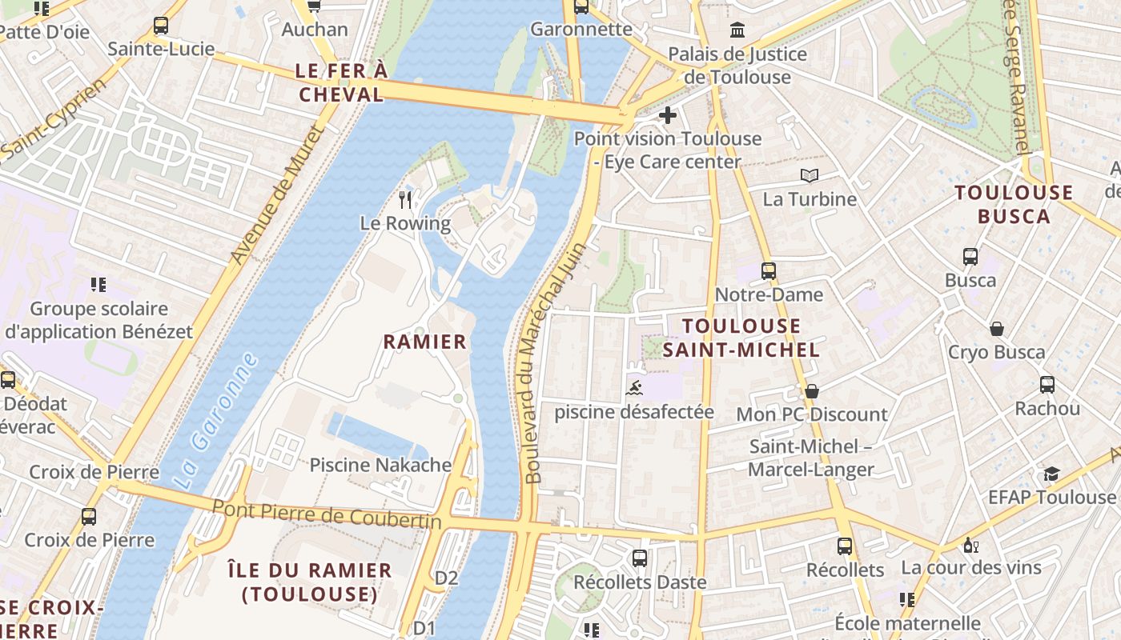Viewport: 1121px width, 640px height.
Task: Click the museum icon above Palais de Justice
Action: pyautogui.click(x=737, y=30)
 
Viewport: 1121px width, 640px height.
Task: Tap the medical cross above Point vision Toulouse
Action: pyautogui.click(x=667, y=115)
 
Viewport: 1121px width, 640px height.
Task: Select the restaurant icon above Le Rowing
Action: pyautogui.click(x=405, y=199)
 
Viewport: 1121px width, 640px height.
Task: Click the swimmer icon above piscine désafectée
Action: pyautogui.click(x=634, y=389)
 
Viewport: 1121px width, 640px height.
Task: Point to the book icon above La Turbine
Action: pyautogui.click(x=810, y=175)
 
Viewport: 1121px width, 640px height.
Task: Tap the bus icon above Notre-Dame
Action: pyautogui.click(x=769, y=270)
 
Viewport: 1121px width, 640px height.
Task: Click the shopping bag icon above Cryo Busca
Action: pyautogui.click(x=997, y=329)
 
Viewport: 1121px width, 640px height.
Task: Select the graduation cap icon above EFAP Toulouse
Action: pyautogui.click(x=1051, y=474)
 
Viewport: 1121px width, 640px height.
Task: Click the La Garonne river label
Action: pyautogui.click(x=216, y=421)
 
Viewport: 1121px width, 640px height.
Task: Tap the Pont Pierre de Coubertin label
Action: pyautogui.click(x=327, y=514)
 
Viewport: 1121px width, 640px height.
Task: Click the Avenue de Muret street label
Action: pyautogui.click(x=276, y=194)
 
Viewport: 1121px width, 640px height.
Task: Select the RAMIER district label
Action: pyautogui.click(x=424, y=342)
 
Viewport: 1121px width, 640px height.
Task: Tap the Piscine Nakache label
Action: pyautogui.click(x=380, y=465)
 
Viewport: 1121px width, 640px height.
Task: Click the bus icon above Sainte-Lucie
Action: pyautogui.click(x=161, y=26)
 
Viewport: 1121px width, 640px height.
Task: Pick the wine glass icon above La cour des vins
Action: pyautogui.click(x=970, y=545)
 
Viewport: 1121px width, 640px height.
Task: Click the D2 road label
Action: pyautogui.click(x=446, y=578)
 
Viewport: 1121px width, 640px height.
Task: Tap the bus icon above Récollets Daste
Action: pyautogui.click(x=639, y=558)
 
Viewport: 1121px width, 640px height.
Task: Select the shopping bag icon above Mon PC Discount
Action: pyautogui.click(x=812, y=391)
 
